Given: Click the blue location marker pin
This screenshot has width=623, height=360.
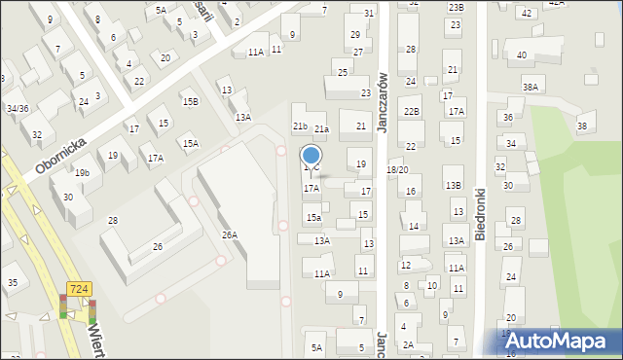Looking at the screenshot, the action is point(311,156).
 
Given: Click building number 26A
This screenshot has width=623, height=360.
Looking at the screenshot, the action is point(230,234).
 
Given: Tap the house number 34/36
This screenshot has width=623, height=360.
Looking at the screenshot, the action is point(18,108).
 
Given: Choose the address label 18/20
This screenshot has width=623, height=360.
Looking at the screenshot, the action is point(397,170).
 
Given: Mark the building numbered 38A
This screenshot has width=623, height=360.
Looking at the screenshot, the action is point(531,87).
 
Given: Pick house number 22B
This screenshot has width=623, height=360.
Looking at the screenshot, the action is point(412,112).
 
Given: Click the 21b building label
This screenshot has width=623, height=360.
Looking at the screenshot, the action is point(301,126).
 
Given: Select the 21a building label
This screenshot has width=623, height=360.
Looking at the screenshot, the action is point(321,128).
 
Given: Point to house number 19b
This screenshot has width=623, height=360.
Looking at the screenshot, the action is point(83,173).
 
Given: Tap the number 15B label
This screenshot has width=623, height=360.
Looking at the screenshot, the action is point(191,101).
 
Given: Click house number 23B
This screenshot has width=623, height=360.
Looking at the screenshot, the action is point(457,7).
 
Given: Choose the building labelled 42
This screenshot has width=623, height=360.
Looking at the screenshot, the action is point(527,13).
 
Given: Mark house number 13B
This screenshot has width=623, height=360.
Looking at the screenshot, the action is point(453,185).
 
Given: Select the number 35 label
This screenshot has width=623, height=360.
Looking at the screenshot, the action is point(13,283).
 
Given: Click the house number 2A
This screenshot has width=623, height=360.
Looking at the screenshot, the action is point(409,344).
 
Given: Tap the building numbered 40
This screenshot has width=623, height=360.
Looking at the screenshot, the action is point(522,55).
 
